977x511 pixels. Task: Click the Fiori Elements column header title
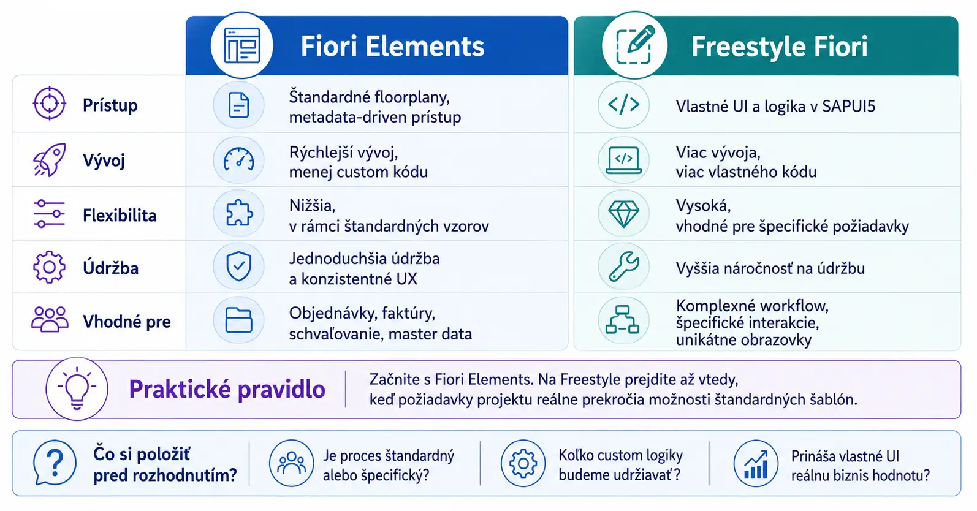tap(392, 46)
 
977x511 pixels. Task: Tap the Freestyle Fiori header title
tap(780, 46)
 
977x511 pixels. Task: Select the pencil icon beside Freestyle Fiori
tap(634, 45)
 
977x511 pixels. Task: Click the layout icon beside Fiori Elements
tap(242, 45)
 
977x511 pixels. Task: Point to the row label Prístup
tap(110, 105)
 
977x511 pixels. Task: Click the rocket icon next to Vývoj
tap(49, 160)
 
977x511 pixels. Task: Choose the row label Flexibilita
tap(120, 216)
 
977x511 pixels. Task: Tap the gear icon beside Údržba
tap(49, 267)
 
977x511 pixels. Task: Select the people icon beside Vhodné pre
tap(50, 320)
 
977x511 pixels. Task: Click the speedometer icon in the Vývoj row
tap(238, 159)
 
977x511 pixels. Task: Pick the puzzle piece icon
tap(238, 213)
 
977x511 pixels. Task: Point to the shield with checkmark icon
tap(238, 266)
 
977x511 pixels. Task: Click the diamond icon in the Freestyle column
tap(624, 214)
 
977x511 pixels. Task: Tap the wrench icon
tap(624, 266)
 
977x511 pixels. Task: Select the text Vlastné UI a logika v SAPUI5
tap(775, 107)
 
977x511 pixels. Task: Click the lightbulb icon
tap(77, 388)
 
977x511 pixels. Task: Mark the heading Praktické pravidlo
tap(227, 389)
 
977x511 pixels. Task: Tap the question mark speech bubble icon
tap(55, 463)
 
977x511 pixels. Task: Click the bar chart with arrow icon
tap(756, 464)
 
